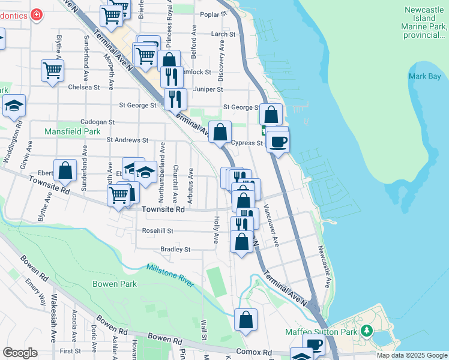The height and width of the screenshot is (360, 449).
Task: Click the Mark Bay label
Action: coord(424,76)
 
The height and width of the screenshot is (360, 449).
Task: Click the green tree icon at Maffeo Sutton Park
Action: coord(366,331)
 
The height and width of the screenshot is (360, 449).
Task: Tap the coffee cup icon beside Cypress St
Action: coord(278,142)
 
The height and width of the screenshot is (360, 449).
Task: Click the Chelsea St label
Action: coord(83,87)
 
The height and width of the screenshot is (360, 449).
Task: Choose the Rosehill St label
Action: coord(157,230)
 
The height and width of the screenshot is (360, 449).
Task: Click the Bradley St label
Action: coord(175,249)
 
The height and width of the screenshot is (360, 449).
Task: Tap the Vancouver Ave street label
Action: coord(271,228)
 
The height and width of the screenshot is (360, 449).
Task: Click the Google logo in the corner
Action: coord(20,353)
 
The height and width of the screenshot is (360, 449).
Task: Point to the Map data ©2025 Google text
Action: coord(411,355)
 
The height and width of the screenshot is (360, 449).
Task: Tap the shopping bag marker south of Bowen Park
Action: coord(246,320)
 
